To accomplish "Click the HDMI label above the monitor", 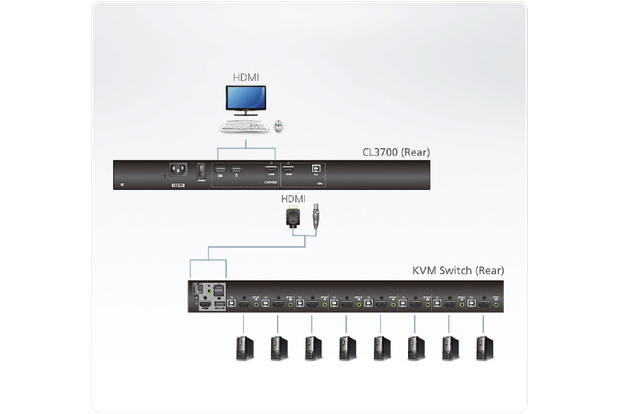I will pyautogui.click(x=246, y=77).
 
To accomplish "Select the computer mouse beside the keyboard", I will pyautogui.click(x=279, y=126).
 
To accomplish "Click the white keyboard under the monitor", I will pyautogui.click(x=244, y=126).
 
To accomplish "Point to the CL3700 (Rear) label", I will pyautogui.click(x=396, y=152).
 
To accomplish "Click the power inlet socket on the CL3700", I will pyautogui.click(x=178, y=170).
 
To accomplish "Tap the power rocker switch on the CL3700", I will pyautogui.click(x=201, y=171).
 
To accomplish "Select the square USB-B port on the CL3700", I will pyautogui.click(x=316, y=169).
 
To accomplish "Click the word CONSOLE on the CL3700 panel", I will pyautogui.click(x=270, y=182).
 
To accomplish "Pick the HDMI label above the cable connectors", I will pyautogui.click(x=293, y=199).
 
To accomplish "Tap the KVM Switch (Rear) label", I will pyautogui.click(x=458, y=270).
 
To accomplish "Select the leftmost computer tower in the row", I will pyautogui.click(x=244, y=348).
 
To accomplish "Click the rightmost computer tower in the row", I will pyautogui.click(x=484, y=348).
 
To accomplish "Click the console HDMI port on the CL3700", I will pyautogui.click(x=271, y=169).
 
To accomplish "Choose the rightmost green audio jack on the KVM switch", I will pyautogui.click(x=496, y=304).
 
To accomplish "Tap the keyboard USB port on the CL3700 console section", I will pyautogui.click(x=220, y=169).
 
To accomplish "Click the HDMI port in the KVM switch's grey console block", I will pyautogui.click(x=205, y=304).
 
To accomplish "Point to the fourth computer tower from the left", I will pyautogui.click(x=347, y=348).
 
